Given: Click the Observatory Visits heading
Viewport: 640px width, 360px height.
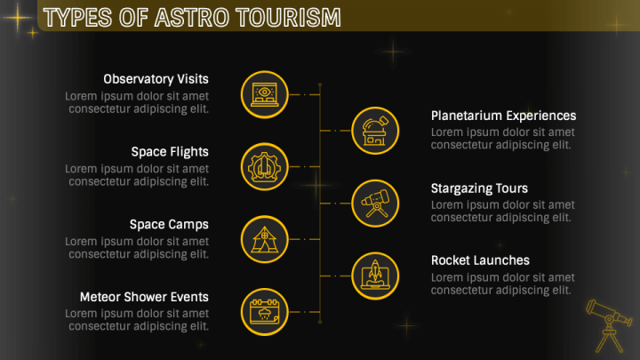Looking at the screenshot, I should coord(156,79).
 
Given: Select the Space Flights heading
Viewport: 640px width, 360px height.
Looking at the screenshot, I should coord(170,152).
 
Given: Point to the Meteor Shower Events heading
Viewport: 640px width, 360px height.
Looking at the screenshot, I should coord(144,297).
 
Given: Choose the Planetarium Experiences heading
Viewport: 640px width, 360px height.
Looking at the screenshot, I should coord(503,116).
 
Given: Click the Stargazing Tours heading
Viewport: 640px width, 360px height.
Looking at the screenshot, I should coord(479,188).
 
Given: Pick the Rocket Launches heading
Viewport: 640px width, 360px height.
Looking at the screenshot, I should coord(480,260).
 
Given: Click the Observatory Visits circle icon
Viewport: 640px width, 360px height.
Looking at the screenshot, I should coord(264,93).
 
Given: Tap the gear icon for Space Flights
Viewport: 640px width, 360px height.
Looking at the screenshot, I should coord(264,165).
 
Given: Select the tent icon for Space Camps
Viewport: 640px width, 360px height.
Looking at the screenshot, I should coord(264,238).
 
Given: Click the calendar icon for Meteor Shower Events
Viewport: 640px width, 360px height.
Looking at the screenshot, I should coord(264,311).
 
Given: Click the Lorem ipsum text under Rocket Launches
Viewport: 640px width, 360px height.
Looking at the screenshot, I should coord(502,284).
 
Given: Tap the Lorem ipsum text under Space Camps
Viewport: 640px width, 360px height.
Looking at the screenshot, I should coord(137,248).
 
